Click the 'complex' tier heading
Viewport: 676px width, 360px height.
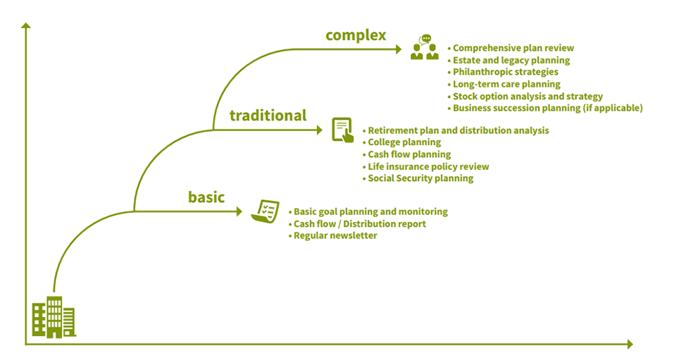[x=356, y=36]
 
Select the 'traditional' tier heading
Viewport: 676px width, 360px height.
[x=268, y=116]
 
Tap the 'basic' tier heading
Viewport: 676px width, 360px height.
[x=206, y=197]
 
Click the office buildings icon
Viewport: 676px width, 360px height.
[x=54, y=317]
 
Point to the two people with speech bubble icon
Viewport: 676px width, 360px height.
[x=425, y=47]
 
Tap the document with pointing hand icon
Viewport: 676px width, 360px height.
[x=343, y=130]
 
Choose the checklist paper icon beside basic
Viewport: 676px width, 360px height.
[x=265, y=211]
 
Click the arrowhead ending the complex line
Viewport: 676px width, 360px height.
[x=399, y=49]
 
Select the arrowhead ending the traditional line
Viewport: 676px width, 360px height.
[x=320, y=130]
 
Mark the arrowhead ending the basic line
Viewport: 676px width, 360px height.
[x=239, y=211]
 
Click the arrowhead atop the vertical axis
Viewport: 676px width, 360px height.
[x=26, y=25]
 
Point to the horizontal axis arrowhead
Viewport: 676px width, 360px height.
[x=630, y=344]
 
